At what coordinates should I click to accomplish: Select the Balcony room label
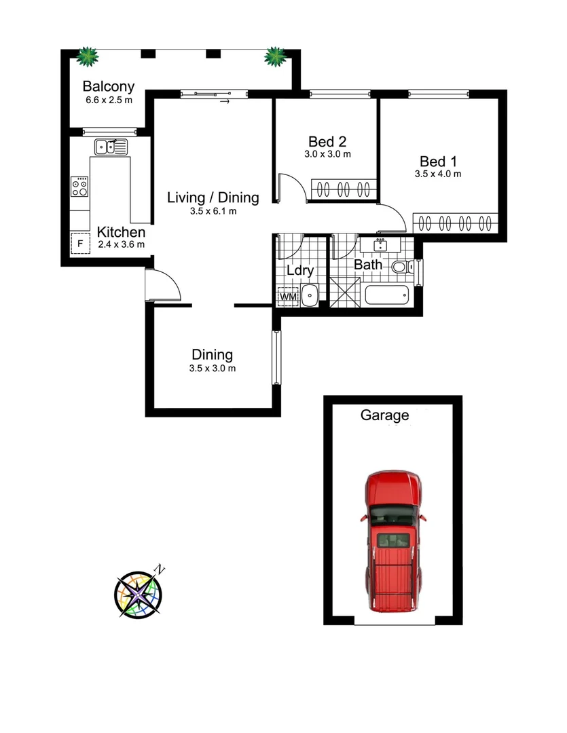click(108, 87)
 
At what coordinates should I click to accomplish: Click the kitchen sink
click(111, 145)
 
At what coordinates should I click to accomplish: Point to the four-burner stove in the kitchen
click(79, 187)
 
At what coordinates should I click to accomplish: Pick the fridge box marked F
click(80, 244)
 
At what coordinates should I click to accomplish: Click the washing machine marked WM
click(288, 297)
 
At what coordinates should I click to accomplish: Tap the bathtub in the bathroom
click(387, 295)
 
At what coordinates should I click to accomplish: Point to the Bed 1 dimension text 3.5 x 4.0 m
click(438, 174)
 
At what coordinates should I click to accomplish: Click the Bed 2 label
click(327, 142)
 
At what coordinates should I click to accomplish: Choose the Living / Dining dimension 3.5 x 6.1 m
click(213, 211)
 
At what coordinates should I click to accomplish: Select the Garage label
click(384, 415)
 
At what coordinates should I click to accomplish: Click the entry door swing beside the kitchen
click(164, 285)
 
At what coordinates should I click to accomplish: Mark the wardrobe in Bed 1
click(456, 223)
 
